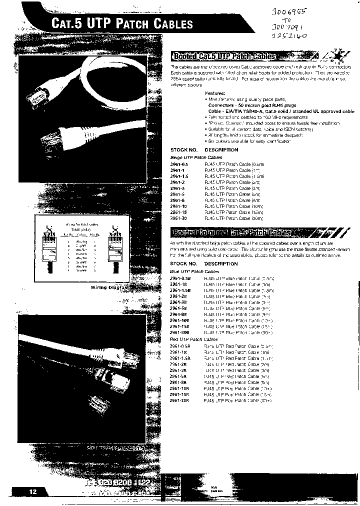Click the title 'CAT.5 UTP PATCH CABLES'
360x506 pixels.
click(122, 24)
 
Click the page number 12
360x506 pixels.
click(32, 492)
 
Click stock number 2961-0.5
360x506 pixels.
click(179, 163)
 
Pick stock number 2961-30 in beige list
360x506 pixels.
click(179, 218)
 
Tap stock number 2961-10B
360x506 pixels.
click(180, 320)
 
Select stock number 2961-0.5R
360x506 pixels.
click(180, 346)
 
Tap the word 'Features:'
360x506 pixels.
click(215, 93)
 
